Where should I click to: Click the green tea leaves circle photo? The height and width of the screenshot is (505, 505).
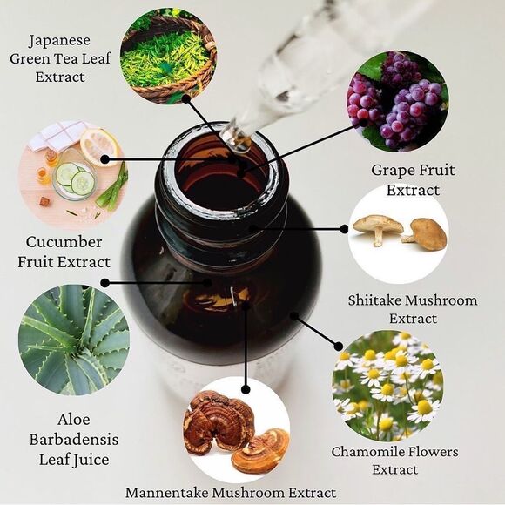168,56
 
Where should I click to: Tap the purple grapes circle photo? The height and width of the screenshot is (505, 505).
398,101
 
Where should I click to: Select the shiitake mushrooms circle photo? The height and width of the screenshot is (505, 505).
399,234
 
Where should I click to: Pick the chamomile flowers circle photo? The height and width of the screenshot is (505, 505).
387,386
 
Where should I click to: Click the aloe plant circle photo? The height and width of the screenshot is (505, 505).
74,340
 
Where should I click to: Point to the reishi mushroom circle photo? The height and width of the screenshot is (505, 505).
237,429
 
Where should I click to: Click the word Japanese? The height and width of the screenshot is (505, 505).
59,41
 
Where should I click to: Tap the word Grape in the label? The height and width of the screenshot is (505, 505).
390,171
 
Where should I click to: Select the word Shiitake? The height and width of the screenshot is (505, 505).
375,300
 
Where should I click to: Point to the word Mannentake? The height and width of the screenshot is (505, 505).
167,493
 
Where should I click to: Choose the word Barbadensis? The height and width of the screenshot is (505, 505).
74,440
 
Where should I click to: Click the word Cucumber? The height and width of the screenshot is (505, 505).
64,242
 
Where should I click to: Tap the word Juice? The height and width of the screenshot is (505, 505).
91,461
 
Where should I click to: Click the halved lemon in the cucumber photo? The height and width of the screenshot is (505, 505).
99,146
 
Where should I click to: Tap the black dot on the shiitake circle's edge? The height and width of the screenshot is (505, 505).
344,229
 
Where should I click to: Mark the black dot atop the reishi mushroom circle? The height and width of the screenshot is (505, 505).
246,389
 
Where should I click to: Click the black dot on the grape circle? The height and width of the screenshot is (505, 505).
363,123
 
